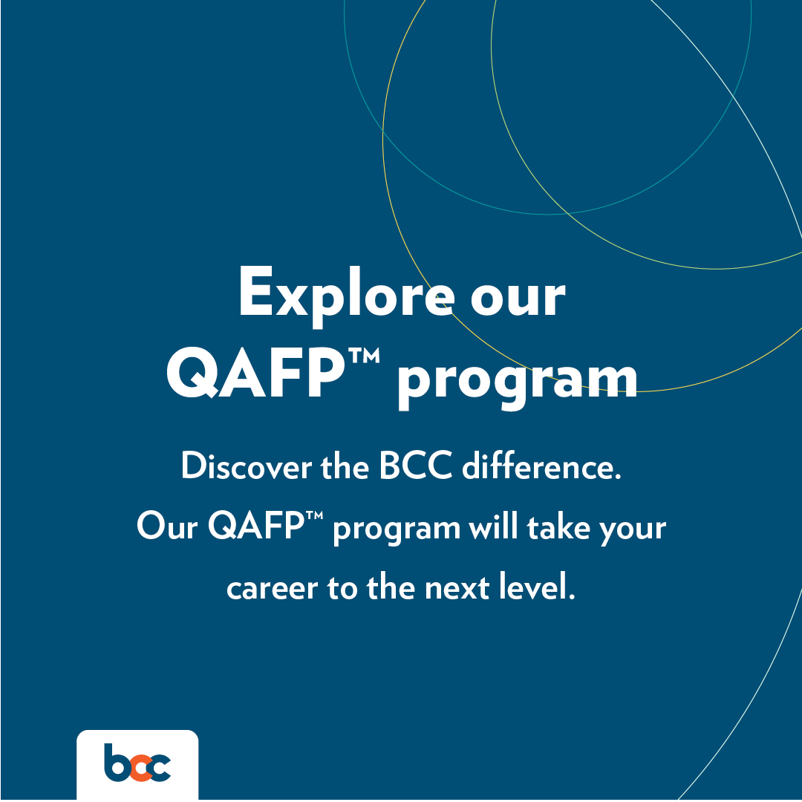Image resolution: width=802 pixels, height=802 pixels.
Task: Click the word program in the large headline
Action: click(x=518, y=379)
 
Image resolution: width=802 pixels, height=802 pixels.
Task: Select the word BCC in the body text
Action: click(x=416, y=468)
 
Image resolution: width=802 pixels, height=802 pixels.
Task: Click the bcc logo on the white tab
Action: click(x=137, y=763)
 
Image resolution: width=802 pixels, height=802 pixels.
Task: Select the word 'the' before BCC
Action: click(x=346, y=468)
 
